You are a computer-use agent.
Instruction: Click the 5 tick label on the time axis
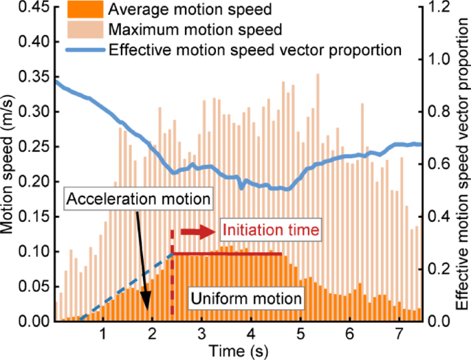[x=300, y=334]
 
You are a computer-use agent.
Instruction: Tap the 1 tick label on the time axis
[x=102, y=334]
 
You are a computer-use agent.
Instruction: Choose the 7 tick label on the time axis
[x=398, y=334]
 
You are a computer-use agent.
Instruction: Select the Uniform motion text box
[x=245, y=299]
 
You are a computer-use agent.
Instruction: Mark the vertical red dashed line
[x=172, y=275]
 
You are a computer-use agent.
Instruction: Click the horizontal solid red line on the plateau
[x=227, y=254]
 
